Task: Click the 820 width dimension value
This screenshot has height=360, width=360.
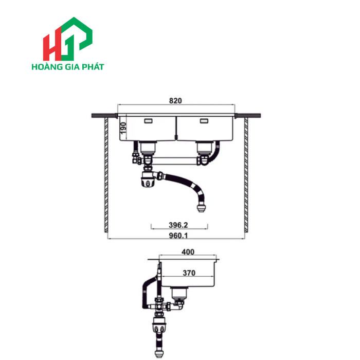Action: (x=176, y=101)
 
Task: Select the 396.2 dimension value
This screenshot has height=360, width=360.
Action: (x=178, y=225)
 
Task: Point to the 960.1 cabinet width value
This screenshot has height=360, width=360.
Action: (x=176, y=237)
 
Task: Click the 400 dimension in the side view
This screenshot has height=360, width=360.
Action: (x=188, y=253)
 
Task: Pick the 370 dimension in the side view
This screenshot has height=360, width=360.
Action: (x=188, y=273)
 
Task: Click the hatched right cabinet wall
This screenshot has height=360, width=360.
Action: (x=246, y=175)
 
